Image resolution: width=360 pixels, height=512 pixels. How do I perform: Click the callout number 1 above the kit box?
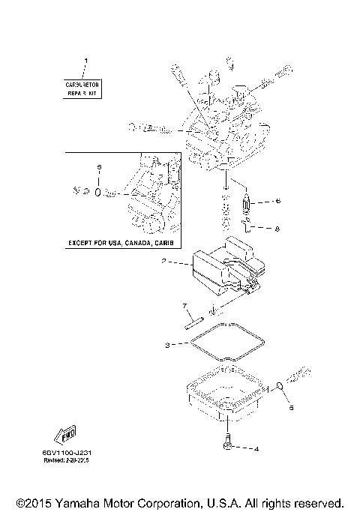(85, 59)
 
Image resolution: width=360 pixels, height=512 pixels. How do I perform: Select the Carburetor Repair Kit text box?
(83, 91)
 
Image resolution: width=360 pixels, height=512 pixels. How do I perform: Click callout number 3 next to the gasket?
(168, 345)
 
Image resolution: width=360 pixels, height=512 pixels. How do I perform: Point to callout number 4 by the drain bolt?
(256, 450)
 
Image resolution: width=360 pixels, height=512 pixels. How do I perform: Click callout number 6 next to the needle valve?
(277, 201)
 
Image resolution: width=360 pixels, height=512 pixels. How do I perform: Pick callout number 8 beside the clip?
(277, 228)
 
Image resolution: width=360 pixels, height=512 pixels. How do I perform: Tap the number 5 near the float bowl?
(292, 409)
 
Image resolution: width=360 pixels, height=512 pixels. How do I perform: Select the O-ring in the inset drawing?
(97, 192)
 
